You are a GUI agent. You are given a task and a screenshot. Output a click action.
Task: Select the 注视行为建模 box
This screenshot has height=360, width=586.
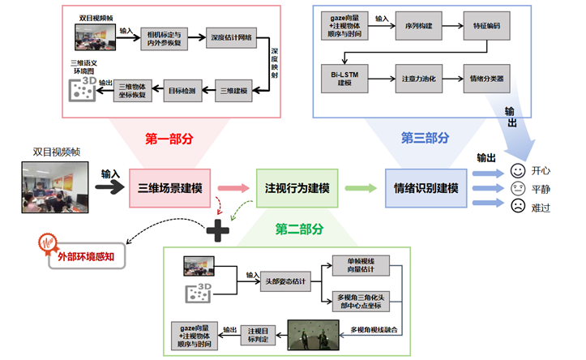297,188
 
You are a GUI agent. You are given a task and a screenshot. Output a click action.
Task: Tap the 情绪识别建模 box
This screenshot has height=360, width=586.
426,188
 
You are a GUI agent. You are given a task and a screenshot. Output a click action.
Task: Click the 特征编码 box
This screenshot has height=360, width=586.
485,26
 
